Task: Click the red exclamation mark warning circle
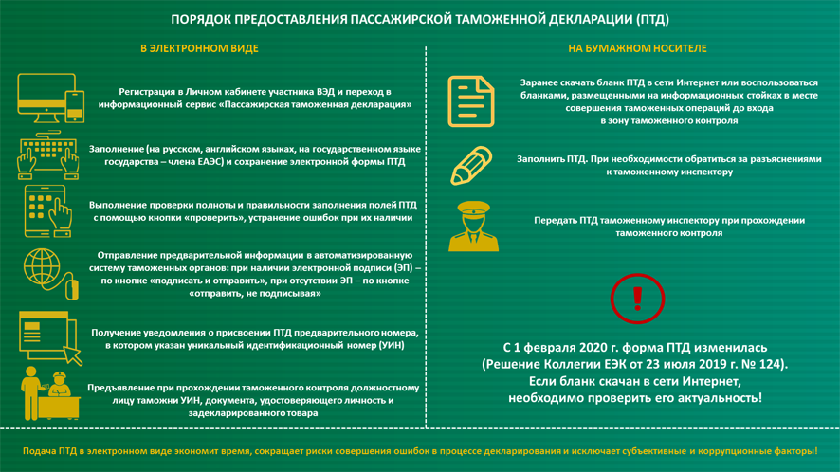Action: pos(637,299)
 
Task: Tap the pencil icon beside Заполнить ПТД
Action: pos(471,166)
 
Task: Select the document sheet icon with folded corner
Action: pos(471,101)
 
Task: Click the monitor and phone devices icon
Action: pos(50,99)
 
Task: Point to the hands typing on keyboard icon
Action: pos(46,155)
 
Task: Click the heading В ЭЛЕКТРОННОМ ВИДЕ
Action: pos(199,48)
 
